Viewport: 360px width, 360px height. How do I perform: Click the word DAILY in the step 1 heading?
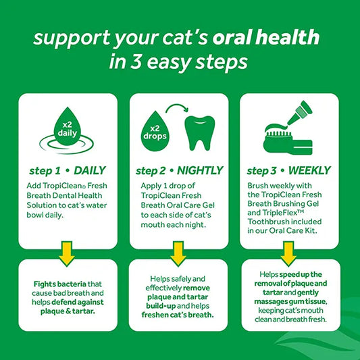pyautogui.click(x=90, y=170)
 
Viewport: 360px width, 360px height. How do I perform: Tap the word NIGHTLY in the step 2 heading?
pyautogui.click(x=200, y=170)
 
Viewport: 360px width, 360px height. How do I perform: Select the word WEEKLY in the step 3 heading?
pyautogui.click(x=309, y=170)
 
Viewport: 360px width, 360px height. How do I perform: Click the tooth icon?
pyautogui.click(x=199, y=133)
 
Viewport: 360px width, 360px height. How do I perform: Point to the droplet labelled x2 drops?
pyautogui.click(x=155, y=131)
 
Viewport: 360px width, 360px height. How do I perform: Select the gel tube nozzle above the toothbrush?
pyautogui.click(x=300, y=113)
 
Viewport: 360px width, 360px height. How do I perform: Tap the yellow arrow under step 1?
pyautogui.click(x=67, y=254)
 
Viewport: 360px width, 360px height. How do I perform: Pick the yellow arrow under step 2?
pyautogui.click(x=178, y=254)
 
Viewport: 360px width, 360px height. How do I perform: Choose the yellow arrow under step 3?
pyautogui.click(x=288, y=254)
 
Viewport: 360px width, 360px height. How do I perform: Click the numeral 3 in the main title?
pyautogui.click(x=136, y=61)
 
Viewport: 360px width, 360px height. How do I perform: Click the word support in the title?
pyautogui.click(x=72, y=38)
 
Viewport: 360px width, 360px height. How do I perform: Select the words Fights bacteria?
pyautogui.click(x=60, y=284)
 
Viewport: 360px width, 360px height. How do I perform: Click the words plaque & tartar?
pyautogui.click(x=68, y=311)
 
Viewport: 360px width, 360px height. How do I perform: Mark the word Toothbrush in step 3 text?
pyautogui.click(x=267, y=222)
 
